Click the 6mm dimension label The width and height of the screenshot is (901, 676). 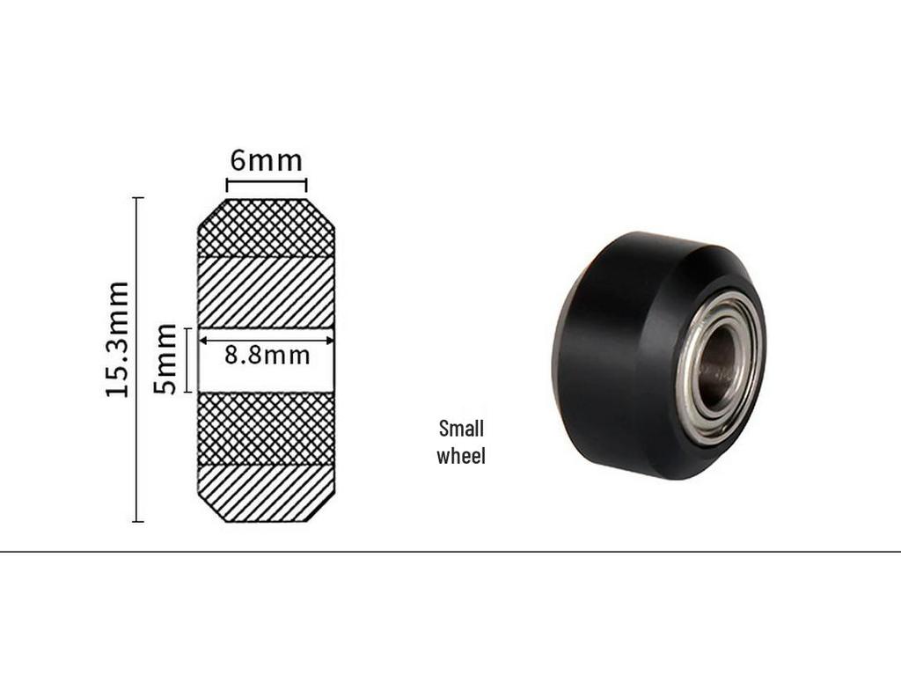click(266, 161)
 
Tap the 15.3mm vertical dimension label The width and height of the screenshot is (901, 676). click(117, 339)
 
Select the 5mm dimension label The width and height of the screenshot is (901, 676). click(165, 359)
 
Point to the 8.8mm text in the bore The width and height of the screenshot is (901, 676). click(267, 356)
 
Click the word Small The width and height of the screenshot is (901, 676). click(461, 429)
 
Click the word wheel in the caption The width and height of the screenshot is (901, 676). click(461, 456)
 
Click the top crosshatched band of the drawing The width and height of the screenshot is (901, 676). click(266, 228)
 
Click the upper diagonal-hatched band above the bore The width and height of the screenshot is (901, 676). click(266, 291)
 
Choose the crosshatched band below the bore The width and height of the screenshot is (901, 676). click(266, 428)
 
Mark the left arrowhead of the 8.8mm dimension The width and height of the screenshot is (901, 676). click(202, 340)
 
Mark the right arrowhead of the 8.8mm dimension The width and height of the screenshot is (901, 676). click(330, 340)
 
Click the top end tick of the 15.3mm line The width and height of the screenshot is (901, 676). click(137, 198)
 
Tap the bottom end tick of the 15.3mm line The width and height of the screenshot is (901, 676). click(137, 521)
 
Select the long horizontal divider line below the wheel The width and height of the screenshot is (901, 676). click(450, 552)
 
